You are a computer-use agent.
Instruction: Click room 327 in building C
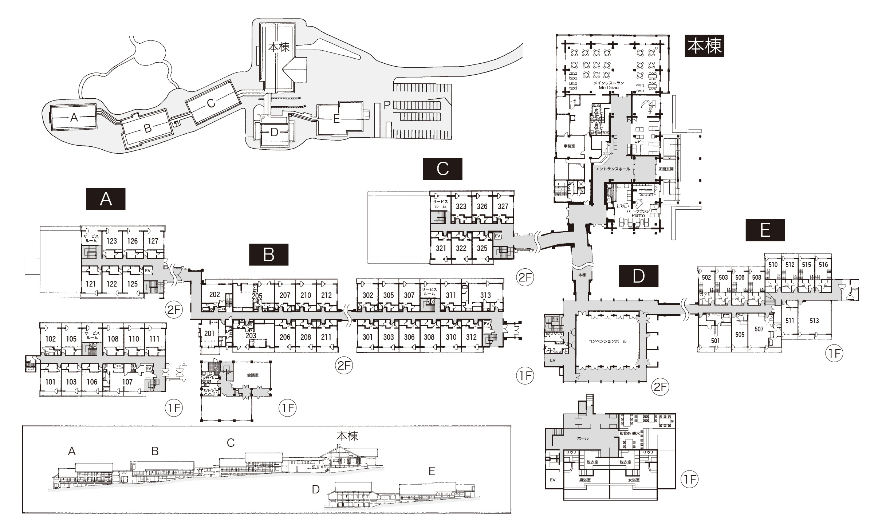pyautogui.click(x=503, y=206)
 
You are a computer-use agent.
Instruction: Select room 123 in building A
pyautogui.click(x=112, y=241)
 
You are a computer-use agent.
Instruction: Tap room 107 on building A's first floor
pyautogui.click(x=127, y=382)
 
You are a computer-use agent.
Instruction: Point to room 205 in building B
pyautogui.click(x=257, y=296)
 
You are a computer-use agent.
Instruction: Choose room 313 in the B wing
pyautogui.click(x=485, y=295)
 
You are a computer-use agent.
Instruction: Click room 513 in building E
pyautogui.click(x=814, y=320)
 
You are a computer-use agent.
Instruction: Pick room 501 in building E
pyautogui.click(x=715, y=341)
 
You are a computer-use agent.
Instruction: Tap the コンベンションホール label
pyautogui.click(x=607, y=341)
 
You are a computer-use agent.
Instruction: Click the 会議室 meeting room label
pyautogui.click(x=252, y=375)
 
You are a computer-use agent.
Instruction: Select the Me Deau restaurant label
pyautogui.click(x=609, y=87)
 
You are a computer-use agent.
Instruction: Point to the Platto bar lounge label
pyautogui.click(x=638, y=215)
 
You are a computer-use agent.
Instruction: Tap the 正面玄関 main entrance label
pyautogui.click(x=666, y=169)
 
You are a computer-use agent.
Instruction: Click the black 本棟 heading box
pyautogui.click(x=704, y=46)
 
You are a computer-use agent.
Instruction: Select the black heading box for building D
pyautogui.click(x=639, y=276)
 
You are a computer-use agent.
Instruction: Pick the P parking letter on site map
pyautogui.click(x=387, y=105)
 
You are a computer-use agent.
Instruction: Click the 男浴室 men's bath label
pyautogui.click(x=585, y=480)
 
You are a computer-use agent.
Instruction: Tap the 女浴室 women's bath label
pyautogui.click(x=634, y=480)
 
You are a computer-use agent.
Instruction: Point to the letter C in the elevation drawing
pyautogui.click(x=231, y=442)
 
